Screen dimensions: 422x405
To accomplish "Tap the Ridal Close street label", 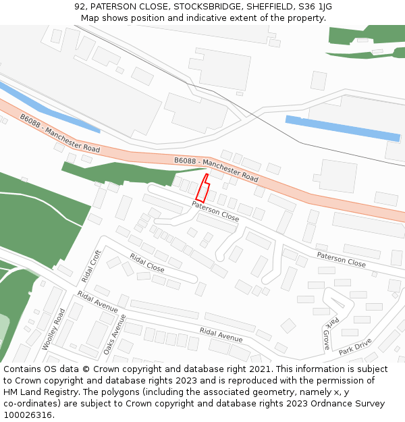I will (x=147, y=263).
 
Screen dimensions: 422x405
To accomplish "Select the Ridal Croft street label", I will (x=90, y=265).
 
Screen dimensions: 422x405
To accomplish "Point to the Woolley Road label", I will (x=53, y=329).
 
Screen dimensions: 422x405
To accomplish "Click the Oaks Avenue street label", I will (x=114, y=334).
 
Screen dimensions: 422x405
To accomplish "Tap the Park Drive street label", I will (x=355, y=347).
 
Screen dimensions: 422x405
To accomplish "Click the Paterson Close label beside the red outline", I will (x=215, y=211).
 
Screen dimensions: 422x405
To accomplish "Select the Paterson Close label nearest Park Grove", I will (x=341, y=259).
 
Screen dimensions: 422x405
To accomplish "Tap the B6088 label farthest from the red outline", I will (x=59, y=132).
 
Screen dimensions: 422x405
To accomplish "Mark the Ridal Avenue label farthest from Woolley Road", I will (x=221, y=334).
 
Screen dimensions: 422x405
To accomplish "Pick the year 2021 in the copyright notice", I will (x=261, y=369).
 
